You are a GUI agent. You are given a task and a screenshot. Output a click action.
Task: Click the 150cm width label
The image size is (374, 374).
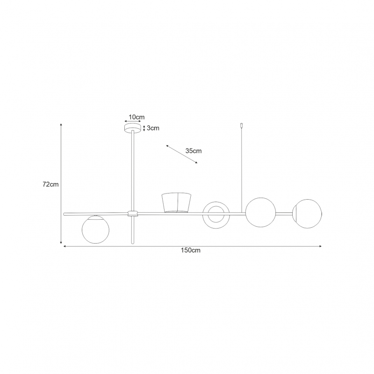[x=191, y=250]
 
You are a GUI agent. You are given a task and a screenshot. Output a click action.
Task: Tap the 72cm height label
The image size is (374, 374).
[x=50, y=184]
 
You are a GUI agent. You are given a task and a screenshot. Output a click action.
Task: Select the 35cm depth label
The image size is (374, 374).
[x=194, y=151]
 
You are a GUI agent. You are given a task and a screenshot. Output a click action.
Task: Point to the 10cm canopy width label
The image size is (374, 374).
[x=137, y=117]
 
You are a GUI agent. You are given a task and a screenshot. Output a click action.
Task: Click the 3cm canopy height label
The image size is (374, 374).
[x=153, y=128]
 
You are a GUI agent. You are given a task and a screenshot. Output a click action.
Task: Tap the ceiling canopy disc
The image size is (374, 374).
[x=133, y=128]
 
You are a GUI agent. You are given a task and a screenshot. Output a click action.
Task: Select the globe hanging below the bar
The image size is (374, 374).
[x=95, y=230]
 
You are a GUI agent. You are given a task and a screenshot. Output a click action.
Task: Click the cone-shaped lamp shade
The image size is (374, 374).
[x=177, y=202]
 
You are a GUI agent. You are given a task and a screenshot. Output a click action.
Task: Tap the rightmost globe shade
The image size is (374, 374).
[x=308, y=214]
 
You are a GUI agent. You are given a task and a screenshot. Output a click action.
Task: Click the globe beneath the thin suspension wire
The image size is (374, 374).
[x=260, y=212]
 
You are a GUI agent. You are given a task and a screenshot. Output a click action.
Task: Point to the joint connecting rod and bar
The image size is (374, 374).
[x=133, y=214]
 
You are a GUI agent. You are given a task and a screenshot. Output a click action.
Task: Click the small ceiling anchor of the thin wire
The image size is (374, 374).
[x=242, y=125]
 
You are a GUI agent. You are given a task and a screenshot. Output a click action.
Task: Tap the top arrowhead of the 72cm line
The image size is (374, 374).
[x=61, y=124]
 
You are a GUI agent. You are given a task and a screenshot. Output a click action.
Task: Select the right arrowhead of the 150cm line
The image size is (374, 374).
[x=321, y=246]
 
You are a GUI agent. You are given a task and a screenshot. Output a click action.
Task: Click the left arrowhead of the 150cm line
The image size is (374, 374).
[x=64, y=246]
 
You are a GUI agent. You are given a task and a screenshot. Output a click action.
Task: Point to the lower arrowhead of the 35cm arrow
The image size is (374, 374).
[x=196, y=163]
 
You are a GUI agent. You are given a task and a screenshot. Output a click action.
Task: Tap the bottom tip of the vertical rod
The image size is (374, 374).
[x=133, y=244]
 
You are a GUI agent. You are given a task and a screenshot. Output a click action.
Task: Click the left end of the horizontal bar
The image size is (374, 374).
[x=64, y=214]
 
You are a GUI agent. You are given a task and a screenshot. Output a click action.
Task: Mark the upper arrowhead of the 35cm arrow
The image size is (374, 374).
[x=167, y=145]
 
